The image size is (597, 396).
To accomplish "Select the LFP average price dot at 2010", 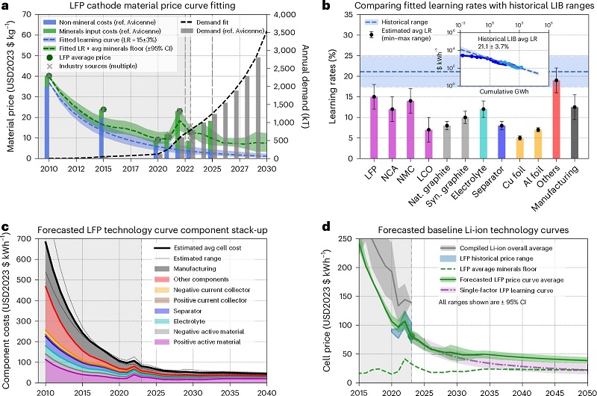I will (x=49, y=76).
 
